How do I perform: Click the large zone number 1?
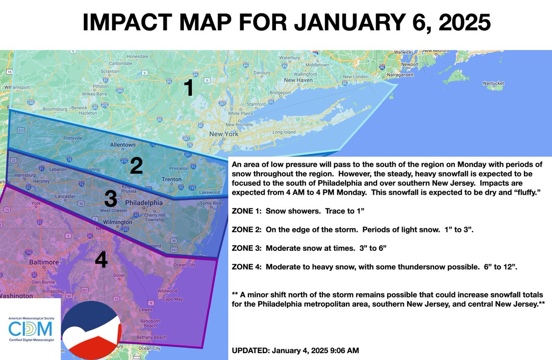click(x=188, y=87)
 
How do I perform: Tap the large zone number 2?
click(x=136, y=166)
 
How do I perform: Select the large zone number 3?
click(x=110, y=199)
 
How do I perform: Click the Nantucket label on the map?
click(x=493, y=83)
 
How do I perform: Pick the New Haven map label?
click(x=298, y=80)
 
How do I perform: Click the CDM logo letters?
click(x=30, y=329)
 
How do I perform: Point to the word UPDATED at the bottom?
click(x=249, y=351)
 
